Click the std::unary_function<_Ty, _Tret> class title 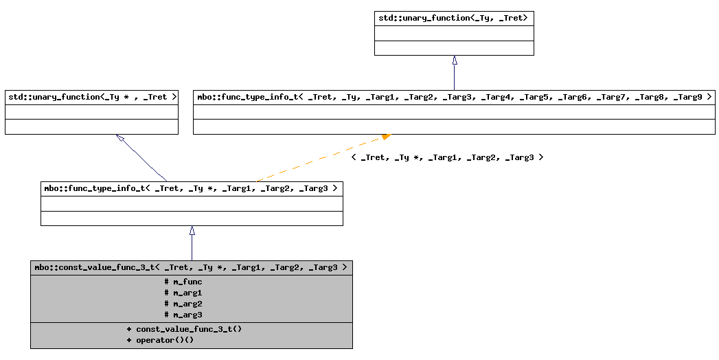[x=453, y=18]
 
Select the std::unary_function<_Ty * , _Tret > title [x=91, y=97]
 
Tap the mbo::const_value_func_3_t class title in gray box [x=191, y=267]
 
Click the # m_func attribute [x=183, y=282]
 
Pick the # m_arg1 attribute [x=183, y=293]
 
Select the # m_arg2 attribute [x=183, y=304]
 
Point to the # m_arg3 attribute [x=183, y=315]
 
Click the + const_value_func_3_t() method [x=184, y=329]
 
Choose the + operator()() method [x=160, y=340]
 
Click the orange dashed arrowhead [x=386, y=137]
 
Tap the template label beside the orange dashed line [x=447, y=157]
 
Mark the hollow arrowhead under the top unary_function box [x=454, y=60]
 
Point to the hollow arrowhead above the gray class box [x=192, y=231]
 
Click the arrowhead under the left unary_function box [x=120, y=138]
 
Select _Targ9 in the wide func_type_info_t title [x=687, y=97]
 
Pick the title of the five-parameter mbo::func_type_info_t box [x=191, y=188]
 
